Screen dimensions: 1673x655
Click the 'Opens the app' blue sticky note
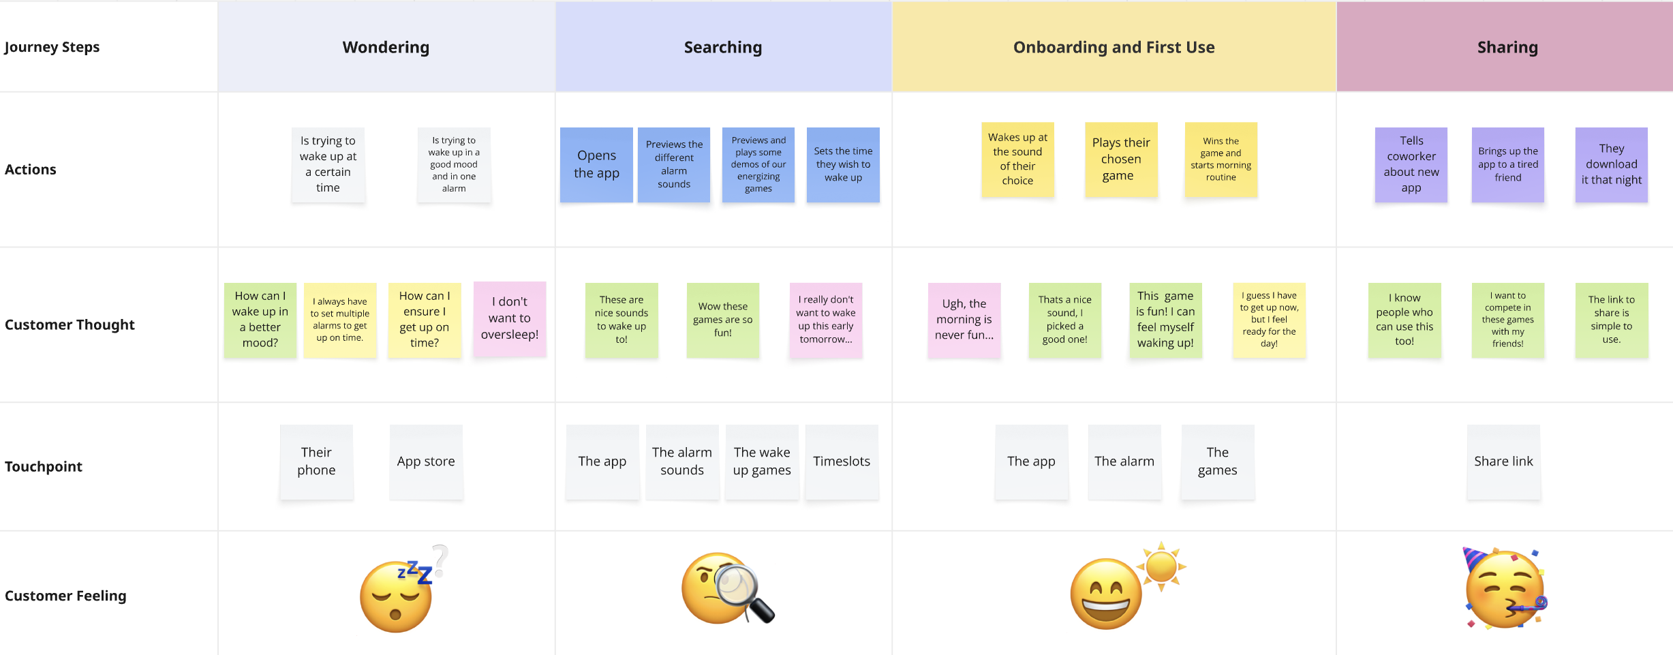click(596, 164)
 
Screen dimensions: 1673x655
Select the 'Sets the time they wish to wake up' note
click(843, 164)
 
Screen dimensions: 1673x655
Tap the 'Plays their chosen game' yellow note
click(1121, 159)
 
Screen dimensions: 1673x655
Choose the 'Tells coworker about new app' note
click(1411, 164)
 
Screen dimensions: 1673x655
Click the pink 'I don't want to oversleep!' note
click(510, 318)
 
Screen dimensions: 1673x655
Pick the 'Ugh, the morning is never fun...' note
click(964, 320)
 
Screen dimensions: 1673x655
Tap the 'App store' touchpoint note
click(426, 461)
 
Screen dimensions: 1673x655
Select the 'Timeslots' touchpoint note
click(842, 461)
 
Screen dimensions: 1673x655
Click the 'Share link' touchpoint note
click(1503, 461)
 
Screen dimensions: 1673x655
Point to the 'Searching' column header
click(723, 47)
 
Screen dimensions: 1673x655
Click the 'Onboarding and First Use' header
click(1114, 47)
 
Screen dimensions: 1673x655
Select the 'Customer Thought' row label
click(70, 324)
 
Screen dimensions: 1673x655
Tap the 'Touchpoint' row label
click(44, 466)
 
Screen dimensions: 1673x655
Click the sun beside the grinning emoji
click(1161, 566)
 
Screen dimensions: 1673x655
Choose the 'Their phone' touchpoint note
click(316, 461)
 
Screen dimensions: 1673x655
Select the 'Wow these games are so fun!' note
click(722, 320)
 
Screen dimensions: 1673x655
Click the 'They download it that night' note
click(1611, 164)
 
